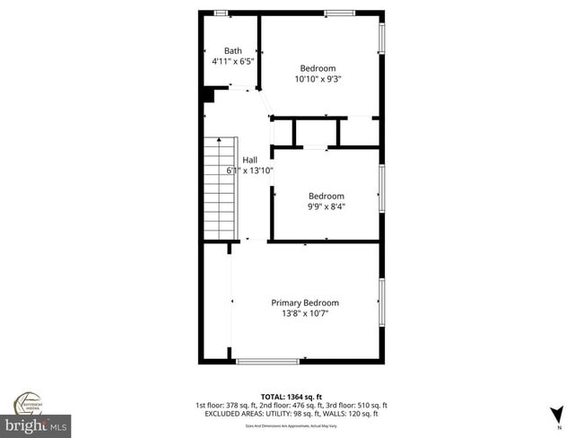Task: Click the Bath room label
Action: pyautogui.click(x=233, y=50)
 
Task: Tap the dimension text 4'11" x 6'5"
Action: pyautogui.click(x=233, y=61)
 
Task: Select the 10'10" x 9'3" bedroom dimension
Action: pyautogui.click(x=318, y=79)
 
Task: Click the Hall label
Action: pyautogui.click(x=249, y=160)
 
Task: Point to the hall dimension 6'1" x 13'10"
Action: pyautogui.click(x=250, y=171)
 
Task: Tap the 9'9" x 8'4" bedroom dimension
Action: pyautogui.click(x=326, y=207)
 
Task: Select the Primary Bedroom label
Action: pyautogui.click(x=306, y=302)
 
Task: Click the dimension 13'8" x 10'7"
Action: pyautogui.click(x=306, y=314)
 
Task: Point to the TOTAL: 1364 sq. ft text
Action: pyautogui.click(x=291, y=396)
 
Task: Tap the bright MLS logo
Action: pyautogui.click(x=37, y=423)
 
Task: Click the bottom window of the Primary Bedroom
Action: pyautogui.click(x=268, y=361)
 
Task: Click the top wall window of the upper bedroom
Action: pyautogui.click(x=338, y=13)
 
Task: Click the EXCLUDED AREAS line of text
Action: pyautogui.click(x=291, y=414)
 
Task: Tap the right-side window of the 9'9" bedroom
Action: pyautogui.click(x=382, y=189)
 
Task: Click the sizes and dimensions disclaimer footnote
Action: pyautogui.click(x=291, y=425)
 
